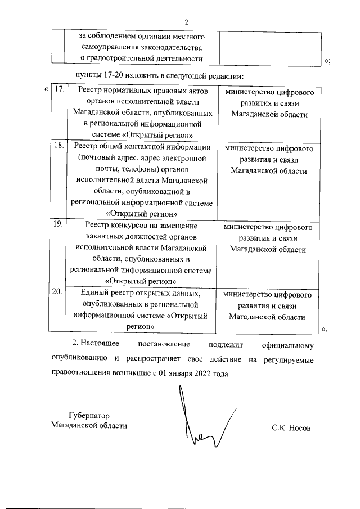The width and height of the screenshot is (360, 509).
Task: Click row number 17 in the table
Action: (58, 90)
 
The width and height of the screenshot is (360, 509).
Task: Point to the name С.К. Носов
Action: (291, 428)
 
